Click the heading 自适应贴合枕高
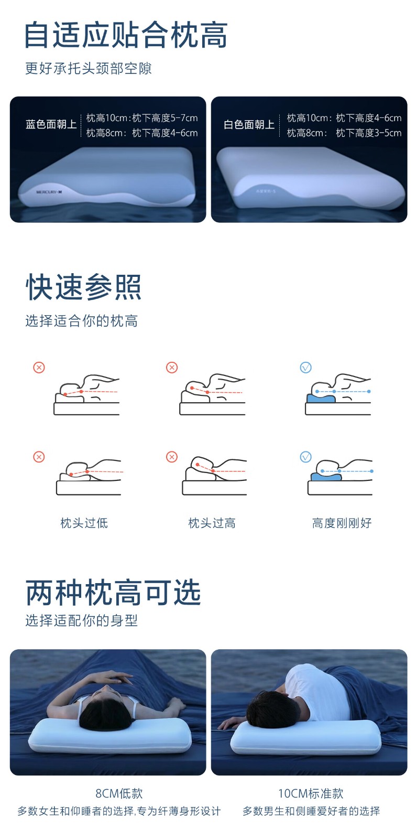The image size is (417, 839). coord(126,35)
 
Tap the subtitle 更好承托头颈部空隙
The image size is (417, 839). coord(89,69)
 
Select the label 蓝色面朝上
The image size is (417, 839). coord(51,124)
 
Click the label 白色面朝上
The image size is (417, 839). coord(249,125)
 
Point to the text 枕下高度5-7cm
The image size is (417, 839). coord(164,118)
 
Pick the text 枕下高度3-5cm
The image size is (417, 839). coord(369,133)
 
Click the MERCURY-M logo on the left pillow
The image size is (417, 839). coord(49,192)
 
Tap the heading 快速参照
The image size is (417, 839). coord(83,287)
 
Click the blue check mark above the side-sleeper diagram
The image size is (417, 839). coord(306,368)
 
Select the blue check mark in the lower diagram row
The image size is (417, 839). coord(306,457)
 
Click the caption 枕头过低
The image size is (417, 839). coord(84,523)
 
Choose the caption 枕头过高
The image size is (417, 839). coord(212,523)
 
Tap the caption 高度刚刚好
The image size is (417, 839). coord(342,523)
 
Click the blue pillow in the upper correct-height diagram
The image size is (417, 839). coord(321,398)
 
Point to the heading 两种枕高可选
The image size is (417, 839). coord(113,593)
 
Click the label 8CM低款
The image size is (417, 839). coord(119,793)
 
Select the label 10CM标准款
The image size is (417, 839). coord(311,793)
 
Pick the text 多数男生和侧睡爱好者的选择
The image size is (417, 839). coord(311,811)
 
